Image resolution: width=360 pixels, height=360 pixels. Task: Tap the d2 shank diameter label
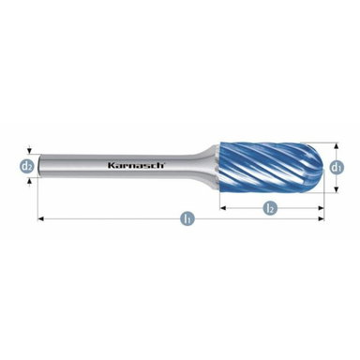click(29, 166)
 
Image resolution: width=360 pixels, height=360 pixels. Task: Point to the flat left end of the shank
click(39, 166)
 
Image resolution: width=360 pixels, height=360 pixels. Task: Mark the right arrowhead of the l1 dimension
click(321, 218)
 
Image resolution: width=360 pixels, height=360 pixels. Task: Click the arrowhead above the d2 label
click(29, 154)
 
